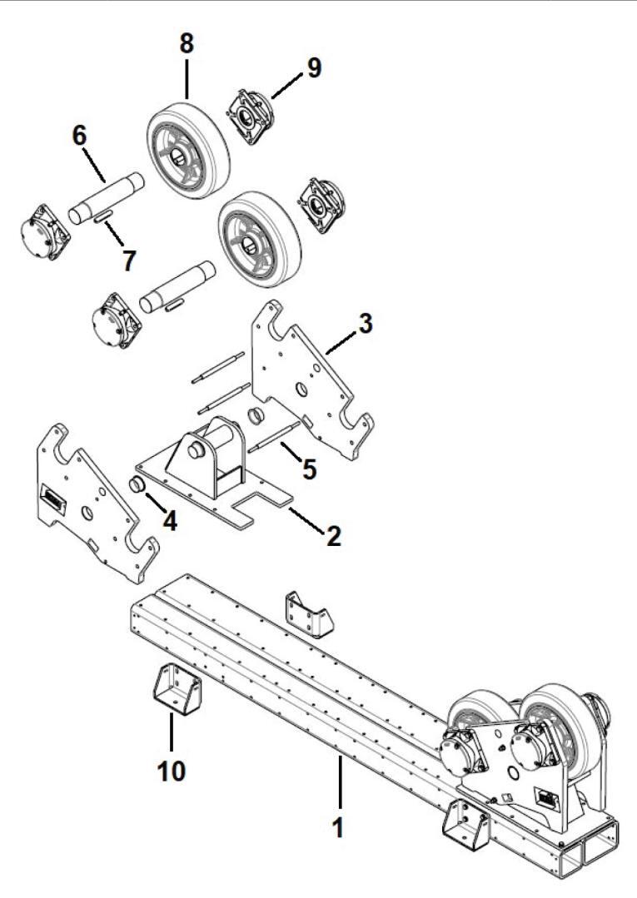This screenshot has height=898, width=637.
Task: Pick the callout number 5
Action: [x=309, y=469]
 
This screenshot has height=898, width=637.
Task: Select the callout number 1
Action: [x=336, y=828]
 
